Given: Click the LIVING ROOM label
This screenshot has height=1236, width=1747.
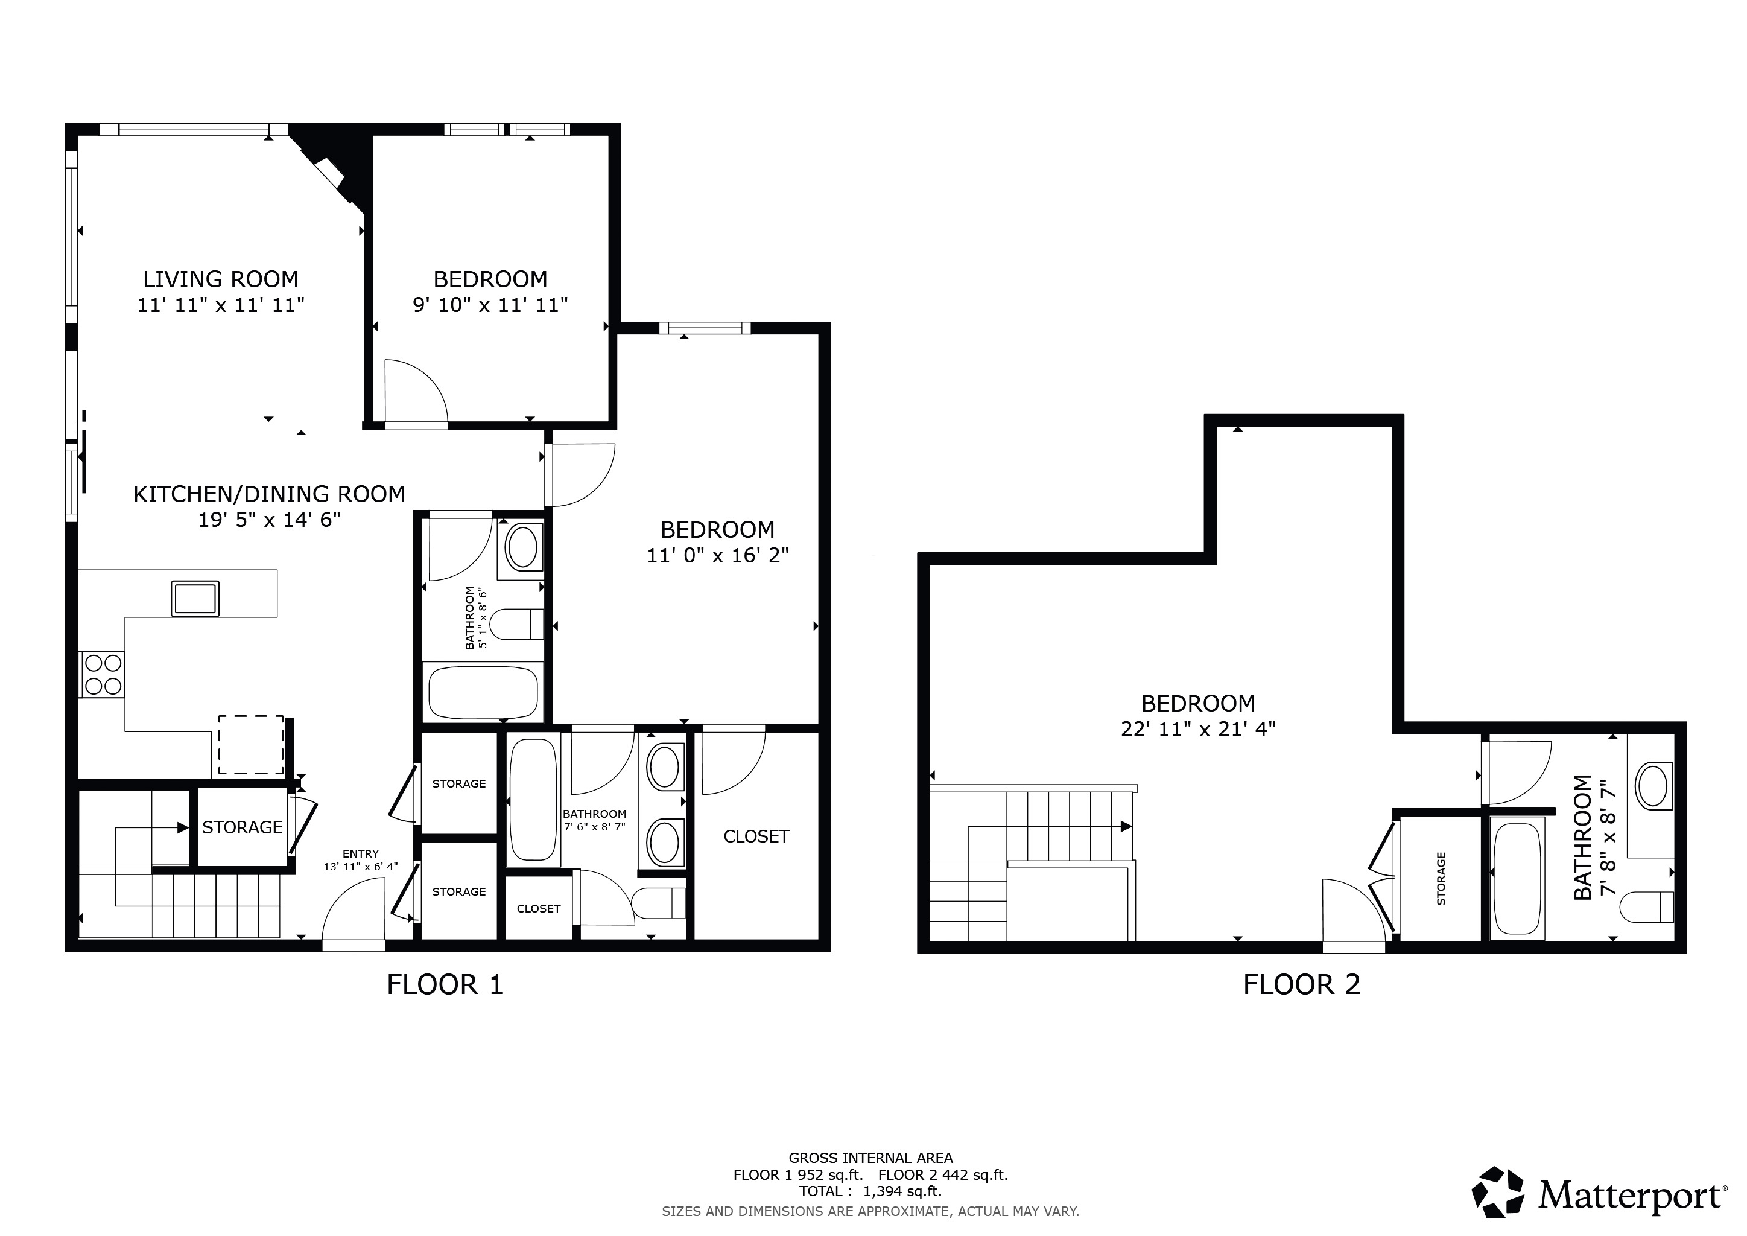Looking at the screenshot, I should pyautogui.click(x=221, y=279).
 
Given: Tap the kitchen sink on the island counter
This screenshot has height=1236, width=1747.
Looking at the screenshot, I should pyautogui.click(x=195, y=598).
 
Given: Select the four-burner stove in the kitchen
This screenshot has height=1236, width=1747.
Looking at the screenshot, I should pyautogui.click(x=103, y=674).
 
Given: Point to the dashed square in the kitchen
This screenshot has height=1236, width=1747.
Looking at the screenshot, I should pyautogui.click(x=251, y=744).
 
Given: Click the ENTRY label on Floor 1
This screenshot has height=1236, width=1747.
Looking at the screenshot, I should pyautogui.click(x=361, y=853).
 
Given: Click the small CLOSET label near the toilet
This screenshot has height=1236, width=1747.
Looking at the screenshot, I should pyautogui.click(x=538, y=909).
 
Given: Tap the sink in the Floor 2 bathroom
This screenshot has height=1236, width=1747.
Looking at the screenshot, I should pyautogui.click(x=1651, y=786).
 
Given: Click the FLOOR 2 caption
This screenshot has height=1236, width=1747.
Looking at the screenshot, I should pyautogui.click(x=1301, y=985).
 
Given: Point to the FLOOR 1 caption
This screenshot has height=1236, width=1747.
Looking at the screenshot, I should pyautogui.click(x=445, y=985).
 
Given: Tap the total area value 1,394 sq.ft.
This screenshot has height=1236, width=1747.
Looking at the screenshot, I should pyautogui.click(x=902, y=1192).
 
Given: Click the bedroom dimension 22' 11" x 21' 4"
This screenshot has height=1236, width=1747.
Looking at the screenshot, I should pyautogui.click(x=1197, y=729).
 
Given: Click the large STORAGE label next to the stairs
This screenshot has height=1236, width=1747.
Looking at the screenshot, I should pyautogui.click(x=242, y=827).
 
